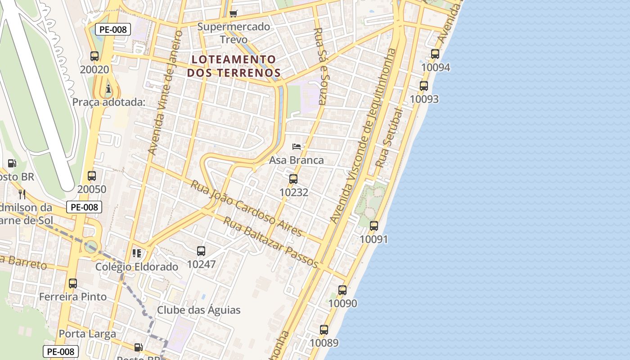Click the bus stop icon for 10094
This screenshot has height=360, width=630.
[x=435, y=54]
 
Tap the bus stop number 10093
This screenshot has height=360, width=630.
[x=424, y=99]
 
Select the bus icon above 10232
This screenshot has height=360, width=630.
[x=293, y=179]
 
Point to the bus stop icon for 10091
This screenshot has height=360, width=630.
[x=374, y=226]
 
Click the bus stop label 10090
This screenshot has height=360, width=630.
[x=342, y=303]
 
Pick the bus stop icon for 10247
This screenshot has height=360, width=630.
[x=201, y=251]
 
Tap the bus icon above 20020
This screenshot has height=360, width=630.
[x=94, y=56]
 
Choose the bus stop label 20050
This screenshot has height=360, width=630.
[x=92, y=189]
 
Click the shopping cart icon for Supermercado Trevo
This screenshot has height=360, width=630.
[x=233, y=13]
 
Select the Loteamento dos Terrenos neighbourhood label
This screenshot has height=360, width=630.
[x=234, y=66]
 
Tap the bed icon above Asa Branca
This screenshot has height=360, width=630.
[x=297, y=147]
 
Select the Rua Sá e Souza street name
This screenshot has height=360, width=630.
[x=320, y=66]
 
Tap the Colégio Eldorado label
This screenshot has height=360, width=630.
[x=137, y=267]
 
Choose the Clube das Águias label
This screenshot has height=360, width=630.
[x=198, y=310]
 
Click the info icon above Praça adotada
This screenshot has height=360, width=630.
[x=108, y=89]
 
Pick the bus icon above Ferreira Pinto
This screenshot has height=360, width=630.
[x=73, y=283]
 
